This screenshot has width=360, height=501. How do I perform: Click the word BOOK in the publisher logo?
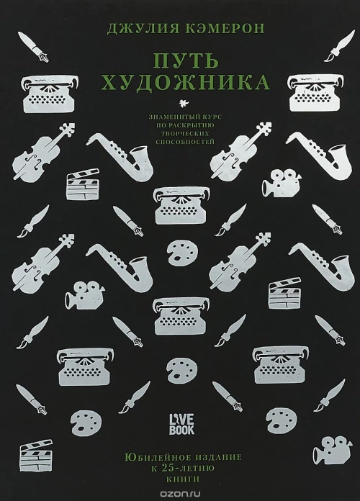(181, 429)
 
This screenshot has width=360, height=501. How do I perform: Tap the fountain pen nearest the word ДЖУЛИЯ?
(34, 48)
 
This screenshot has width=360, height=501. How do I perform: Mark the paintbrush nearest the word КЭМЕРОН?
(340, 45)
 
